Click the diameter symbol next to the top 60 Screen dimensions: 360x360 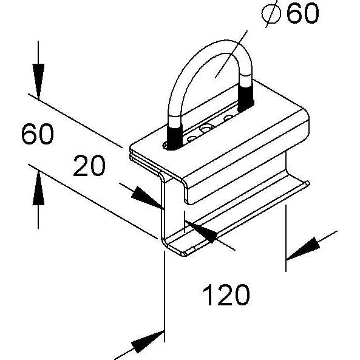coord(271,14)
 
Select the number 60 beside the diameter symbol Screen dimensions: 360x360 coord(302,13)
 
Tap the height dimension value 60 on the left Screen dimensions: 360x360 coord(38,134)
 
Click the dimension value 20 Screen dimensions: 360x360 coord(89,166)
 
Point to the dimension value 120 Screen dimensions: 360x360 coord(226,295)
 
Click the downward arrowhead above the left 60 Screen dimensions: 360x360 coord(38,81)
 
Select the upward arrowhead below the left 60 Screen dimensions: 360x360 coord(38,188)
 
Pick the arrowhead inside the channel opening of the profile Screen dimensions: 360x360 coord(201,231)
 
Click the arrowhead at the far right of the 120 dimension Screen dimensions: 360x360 coord(304,249)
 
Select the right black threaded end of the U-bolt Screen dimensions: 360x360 coord(246,98)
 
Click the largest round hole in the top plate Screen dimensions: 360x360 coord(206,127)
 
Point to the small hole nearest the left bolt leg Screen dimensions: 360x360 coord(192,138)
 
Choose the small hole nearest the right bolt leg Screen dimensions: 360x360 coord(228,118)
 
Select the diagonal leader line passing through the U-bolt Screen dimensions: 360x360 coord(231,54)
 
